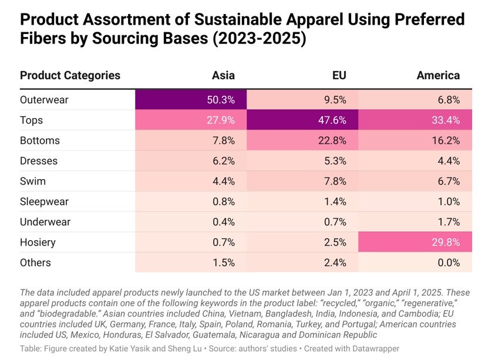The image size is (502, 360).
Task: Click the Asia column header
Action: [x=223, y=75]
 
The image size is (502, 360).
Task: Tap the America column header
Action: [x=438, y=75]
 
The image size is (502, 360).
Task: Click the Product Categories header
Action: [x=70, y=75]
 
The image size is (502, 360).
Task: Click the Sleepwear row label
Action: [x=44, y=201]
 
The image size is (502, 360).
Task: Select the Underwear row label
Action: [x=45, y=222]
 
